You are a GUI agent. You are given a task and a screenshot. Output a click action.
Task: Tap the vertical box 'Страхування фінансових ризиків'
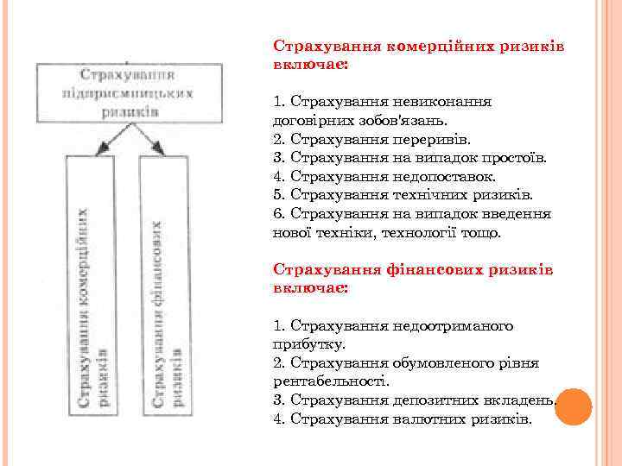coord(165,285)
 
